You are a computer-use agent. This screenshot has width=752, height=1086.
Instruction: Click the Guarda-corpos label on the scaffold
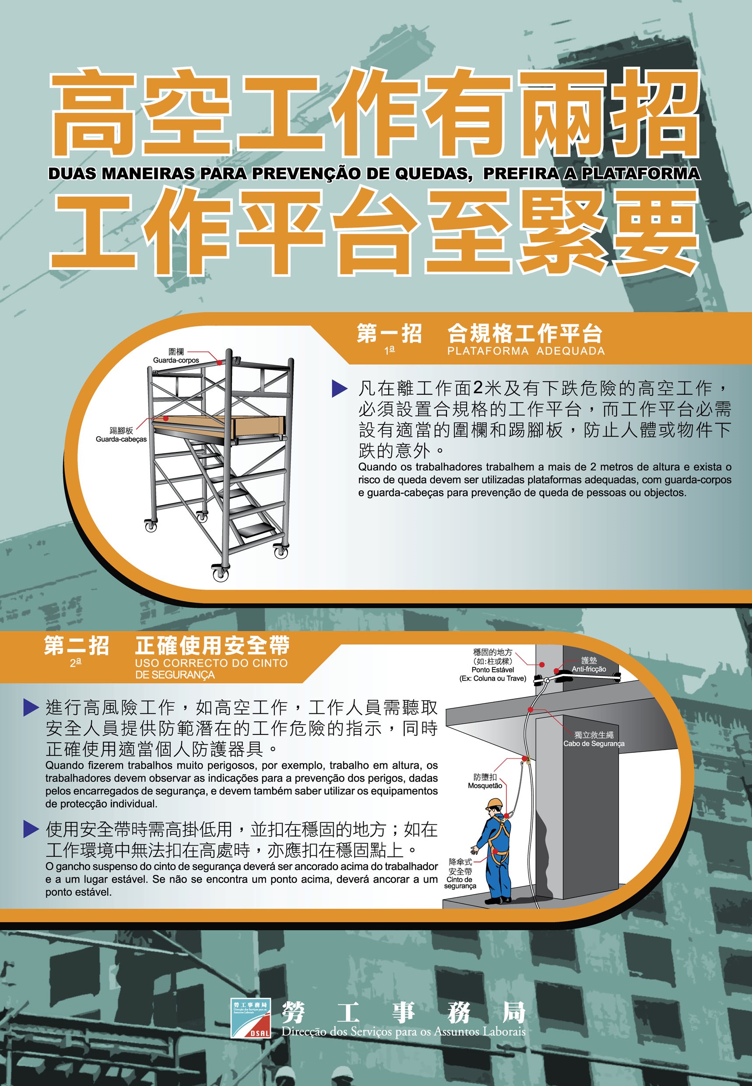point(176,360)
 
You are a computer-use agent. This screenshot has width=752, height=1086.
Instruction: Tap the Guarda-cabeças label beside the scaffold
point(121,439)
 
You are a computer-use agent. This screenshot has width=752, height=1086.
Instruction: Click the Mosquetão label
point(485,786)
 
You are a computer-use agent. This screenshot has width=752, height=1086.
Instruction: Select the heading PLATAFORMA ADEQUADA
point(526,351)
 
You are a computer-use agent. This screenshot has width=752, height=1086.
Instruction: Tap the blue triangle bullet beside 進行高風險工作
point(31,707)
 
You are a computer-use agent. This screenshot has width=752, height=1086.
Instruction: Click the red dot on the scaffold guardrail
point(219,363)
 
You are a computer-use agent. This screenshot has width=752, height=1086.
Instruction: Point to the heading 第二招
point(76,646)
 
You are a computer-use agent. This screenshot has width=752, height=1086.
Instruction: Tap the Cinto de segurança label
point(460,882)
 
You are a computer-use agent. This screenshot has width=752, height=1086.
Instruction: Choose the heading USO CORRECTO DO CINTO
point(211,663)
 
